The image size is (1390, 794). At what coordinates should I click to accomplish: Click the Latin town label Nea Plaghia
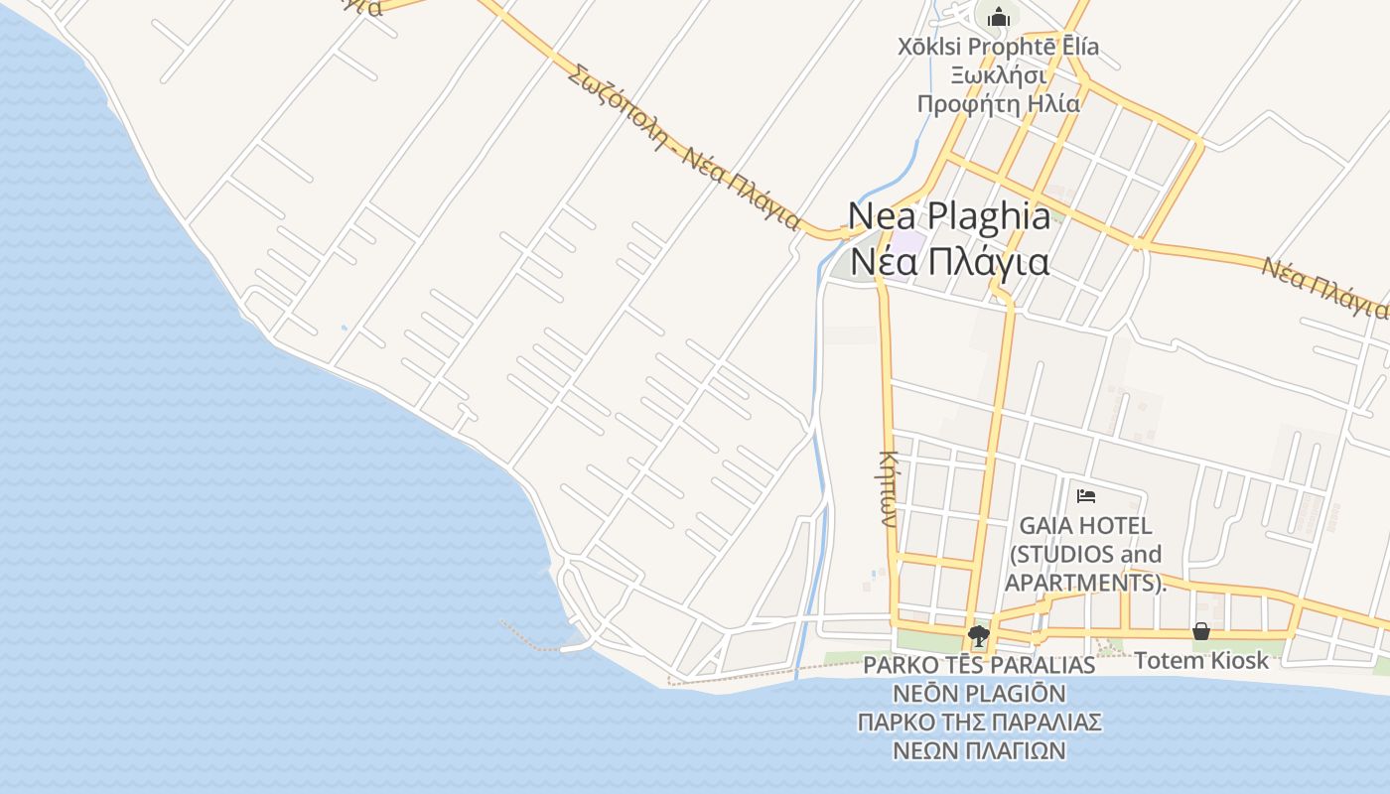tap(948, 216)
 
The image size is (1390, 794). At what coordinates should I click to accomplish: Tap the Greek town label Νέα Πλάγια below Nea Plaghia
tap(950, 263)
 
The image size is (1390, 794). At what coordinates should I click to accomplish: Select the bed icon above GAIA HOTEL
tap(1085, 495)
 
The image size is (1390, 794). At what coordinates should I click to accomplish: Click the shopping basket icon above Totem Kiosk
tap(1200, 631)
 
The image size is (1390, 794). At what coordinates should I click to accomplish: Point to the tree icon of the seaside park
tap(979, 635)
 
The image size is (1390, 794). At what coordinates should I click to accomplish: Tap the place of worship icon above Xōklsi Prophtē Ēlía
tap(998, 17)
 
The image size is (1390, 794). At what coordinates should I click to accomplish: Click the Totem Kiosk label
tap(1201, 660)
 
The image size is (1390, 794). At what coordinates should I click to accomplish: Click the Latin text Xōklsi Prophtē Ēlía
tap(998, 47)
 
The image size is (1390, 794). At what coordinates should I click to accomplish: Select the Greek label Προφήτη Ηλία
tap(998, 102)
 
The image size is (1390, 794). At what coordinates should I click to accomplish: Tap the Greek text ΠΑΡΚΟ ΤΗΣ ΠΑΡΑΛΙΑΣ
tap(979, 722)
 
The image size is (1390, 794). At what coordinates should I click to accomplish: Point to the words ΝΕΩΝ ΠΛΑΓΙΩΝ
tap(979, 750)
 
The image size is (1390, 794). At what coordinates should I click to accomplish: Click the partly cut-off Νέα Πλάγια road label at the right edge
tap(1324, 287)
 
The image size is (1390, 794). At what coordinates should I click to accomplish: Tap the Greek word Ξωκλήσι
tap(998, 74)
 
